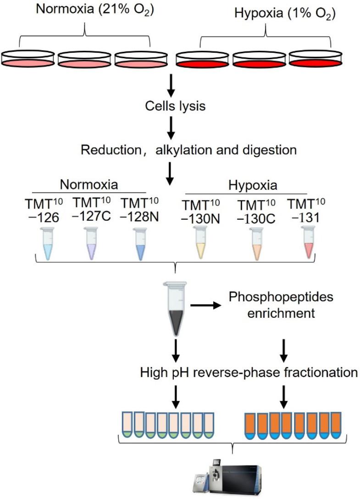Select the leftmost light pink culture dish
pyautogui.click(x=28, y=58)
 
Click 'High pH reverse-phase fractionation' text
pyautogui.click(x=249, y=372)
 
